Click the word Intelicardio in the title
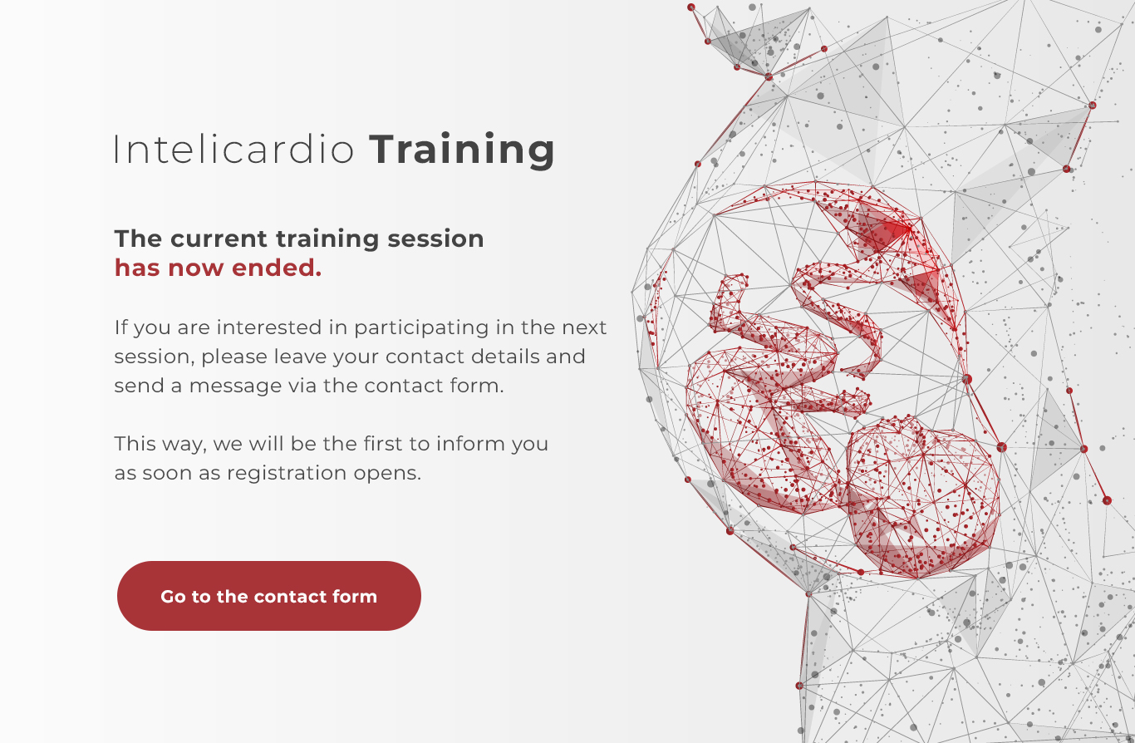click(233, 150)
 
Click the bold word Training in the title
click(462, 150)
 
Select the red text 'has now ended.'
click(218, 268)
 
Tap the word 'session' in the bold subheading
click(435, 239)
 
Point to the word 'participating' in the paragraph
click(421, 328)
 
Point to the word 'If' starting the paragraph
click(120, 327)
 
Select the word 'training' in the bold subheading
click(327, 239)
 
